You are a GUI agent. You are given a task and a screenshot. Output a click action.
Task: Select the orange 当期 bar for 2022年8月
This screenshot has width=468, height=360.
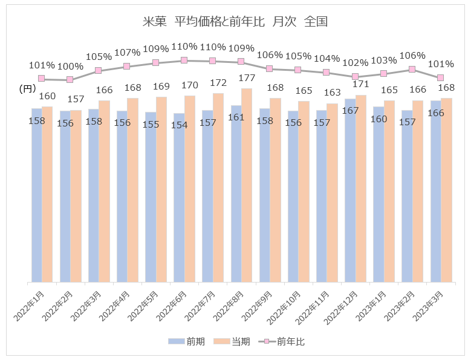246,185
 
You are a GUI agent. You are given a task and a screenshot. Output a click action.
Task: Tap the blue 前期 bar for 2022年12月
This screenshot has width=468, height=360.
350,190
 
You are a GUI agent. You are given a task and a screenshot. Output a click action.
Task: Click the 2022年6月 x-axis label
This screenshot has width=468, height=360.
175,306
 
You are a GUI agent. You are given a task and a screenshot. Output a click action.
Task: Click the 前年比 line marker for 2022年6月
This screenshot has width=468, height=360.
184,61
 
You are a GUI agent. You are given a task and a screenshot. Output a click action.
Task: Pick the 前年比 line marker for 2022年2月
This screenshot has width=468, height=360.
70,79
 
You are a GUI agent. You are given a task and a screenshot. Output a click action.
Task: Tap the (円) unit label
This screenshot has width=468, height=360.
27,88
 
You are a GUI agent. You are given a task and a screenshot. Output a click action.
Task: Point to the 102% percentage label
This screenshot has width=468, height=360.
356,62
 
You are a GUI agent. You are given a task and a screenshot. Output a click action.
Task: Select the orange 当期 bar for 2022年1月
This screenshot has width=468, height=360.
47,194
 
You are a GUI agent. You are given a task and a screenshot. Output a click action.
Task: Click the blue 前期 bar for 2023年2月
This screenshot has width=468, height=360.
407,195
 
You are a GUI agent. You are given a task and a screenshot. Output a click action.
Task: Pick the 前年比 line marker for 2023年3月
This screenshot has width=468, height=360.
441,77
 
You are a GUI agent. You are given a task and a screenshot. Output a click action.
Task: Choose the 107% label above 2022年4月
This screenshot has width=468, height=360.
127,53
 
